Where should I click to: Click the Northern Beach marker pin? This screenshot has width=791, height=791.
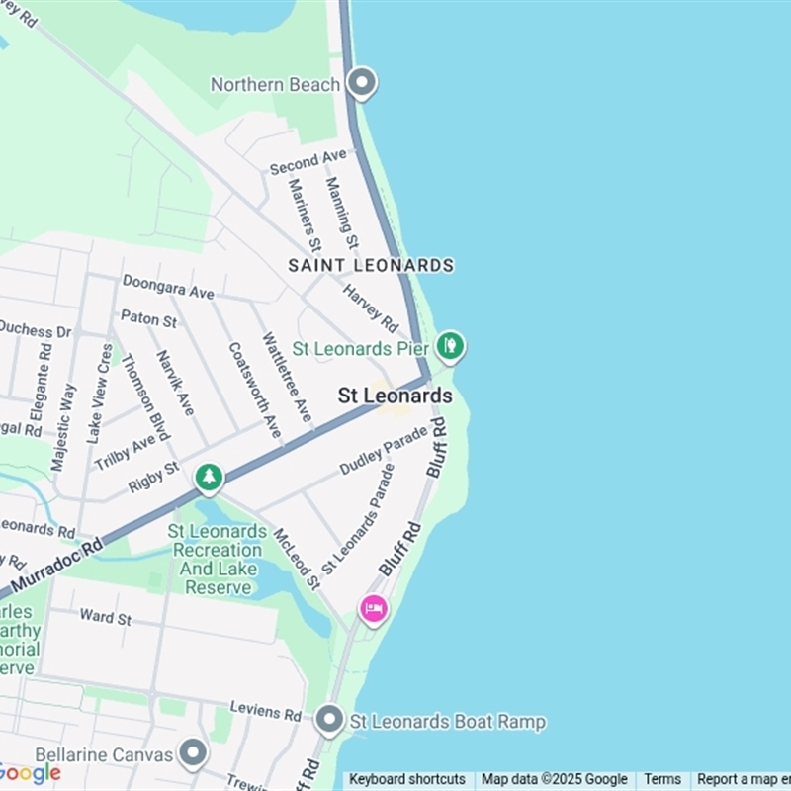pos(362,83)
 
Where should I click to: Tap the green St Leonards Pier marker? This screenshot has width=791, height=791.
pos(451,346)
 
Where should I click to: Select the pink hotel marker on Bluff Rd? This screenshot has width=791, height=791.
pos(373,609)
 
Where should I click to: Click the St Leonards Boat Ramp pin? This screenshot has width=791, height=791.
pos(330,720)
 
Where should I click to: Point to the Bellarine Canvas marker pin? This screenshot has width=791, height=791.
pos(193,754)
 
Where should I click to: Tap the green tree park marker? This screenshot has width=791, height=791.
pos(208,479)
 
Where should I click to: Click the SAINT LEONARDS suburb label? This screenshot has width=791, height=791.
pos(371,265)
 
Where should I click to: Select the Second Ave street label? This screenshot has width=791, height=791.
pos(308,161)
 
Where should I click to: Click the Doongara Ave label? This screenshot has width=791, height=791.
pos(168,287)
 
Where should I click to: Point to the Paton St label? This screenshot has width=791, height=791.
pos(148,319)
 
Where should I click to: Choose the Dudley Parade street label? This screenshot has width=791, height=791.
pos(384,450)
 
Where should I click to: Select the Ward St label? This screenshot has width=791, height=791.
pos(105,617)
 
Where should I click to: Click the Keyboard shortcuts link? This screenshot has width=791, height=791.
pos(406,779)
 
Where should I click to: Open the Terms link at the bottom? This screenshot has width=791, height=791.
pos(662,779)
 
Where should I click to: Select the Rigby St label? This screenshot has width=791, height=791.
pos(153,478)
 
